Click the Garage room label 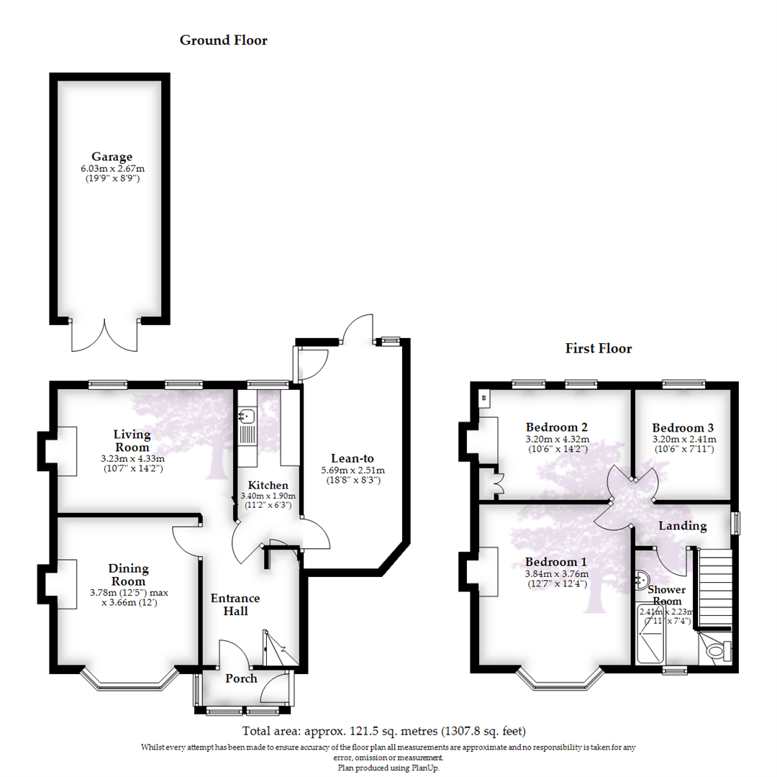(112, 156)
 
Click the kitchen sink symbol (246, 416)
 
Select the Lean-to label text (352, 458)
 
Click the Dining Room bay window (129, 681)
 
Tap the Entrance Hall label (235, 604)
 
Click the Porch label (241, 678)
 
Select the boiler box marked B (483, 397)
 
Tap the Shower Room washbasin (643, 579)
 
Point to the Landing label (683, 526)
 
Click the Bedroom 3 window (683, 384)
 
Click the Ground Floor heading (223, 40)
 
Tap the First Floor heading (598, 349)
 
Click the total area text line (384, 732)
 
